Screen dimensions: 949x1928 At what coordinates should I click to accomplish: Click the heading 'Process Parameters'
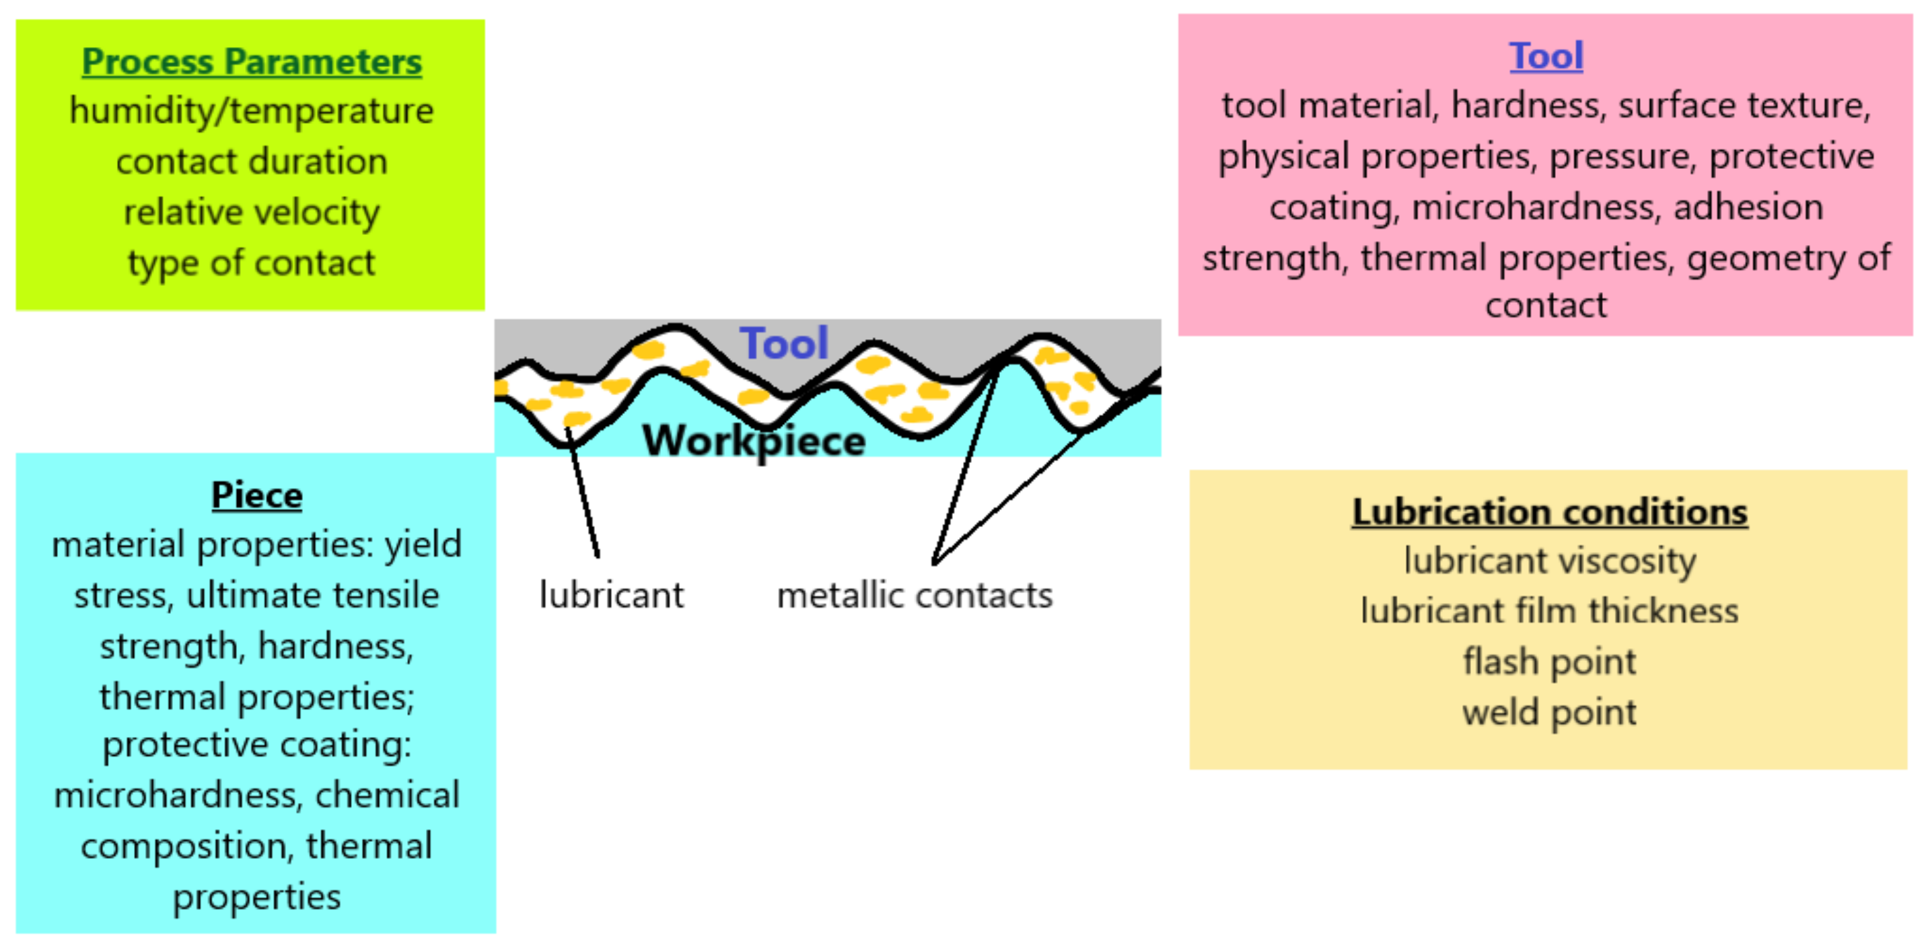[252, 61]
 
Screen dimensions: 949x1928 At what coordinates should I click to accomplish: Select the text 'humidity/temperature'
[252, 111]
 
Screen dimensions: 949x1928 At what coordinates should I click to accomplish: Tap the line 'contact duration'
[252, 162]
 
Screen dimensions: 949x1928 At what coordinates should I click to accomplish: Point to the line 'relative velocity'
[252, 213]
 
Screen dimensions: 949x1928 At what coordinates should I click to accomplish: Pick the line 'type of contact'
[252, 263]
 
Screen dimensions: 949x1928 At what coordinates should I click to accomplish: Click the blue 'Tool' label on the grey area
[783, 343]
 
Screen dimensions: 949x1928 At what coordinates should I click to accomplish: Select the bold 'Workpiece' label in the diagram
[754, 440]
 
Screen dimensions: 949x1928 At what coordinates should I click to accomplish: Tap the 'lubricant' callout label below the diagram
[612, 596]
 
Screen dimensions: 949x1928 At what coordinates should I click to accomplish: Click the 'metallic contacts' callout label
[915, 596]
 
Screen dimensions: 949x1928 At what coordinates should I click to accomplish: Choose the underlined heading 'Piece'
[256, 495]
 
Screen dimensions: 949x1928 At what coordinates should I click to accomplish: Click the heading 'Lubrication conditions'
[1549, 513]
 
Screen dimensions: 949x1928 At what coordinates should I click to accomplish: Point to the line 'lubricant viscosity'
[1549, 561]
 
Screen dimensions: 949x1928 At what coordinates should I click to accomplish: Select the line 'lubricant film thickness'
[1549, 611]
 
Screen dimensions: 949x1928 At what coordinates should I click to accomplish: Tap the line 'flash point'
[1549, 662]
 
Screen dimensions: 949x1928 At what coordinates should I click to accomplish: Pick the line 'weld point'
[1549, 713]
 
